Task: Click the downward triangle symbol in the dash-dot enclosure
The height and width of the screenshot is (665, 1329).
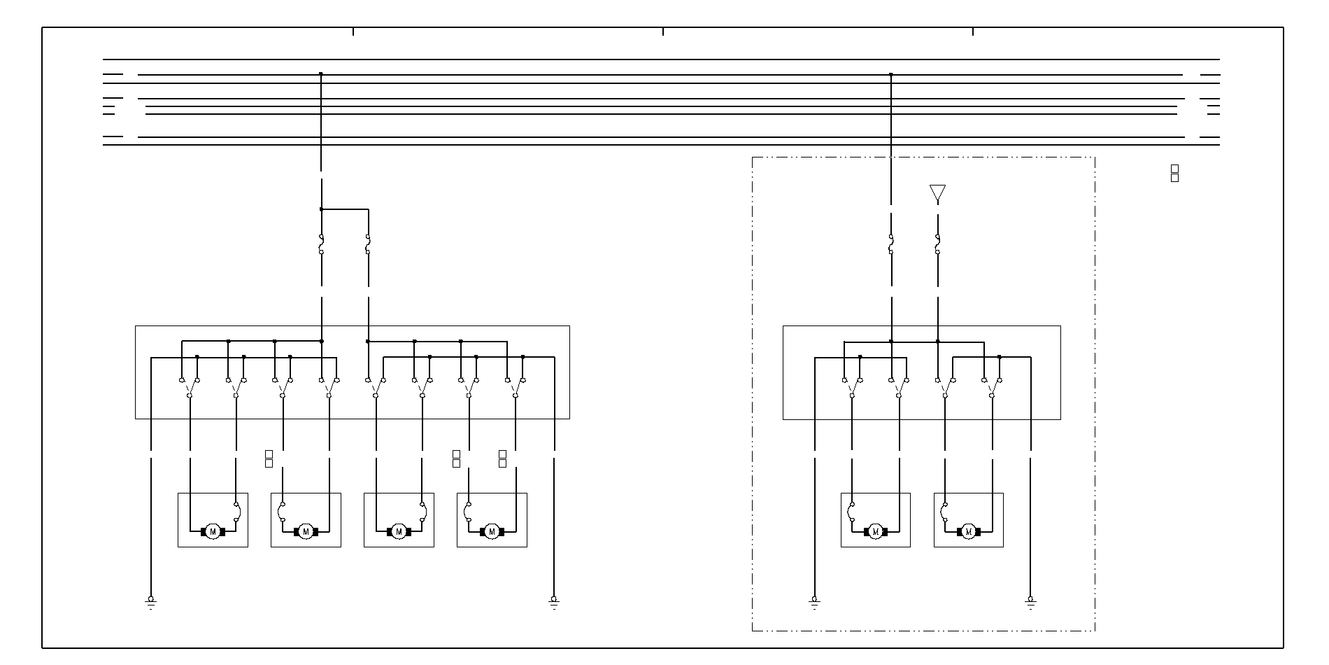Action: coord(937,192)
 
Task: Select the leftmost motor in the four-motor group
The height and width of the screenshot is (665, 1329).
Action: coord(213,532)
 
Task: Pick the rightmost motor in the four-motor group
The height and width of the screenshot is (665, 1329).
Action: coord(492,532)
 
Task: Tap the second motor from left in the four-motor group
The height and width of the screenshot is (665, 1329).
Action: coord(306,532)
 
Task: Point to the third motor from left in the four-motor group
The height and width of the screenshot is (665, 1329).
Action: coord(399,532)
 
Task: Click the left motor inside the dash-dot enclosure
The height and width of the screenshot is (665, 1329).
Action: coord(875,532)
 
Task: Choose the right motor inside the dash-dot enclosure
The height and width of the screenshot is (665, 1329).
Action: coord(968,532)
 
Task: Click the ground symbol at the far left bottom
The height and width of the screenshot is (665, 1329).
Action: coord(150,602)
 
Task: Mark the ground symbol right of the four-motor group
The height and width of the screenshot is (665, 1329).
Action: coord(554,602)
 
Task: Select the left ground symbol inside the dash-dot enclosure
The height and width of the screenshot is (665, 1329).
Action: coord(814,602)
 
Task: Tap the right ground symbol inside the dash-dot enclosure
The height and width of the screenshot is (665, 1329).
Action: coord(1030,602)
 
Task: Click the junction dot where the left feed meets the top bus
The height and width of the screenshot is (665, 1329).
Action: coord(321,73)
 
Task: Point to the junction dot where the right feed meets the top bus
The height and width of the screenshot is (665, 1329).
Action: coord(891,73)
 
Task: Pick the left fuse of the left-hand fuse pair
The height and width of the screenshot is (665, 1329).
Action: coord(321,244)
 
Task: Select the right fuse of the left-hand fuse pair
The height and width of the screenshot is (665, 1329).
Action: coord(368,244)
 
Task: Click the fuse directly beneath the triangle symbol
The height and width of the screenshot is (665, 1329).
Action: coord(937,244)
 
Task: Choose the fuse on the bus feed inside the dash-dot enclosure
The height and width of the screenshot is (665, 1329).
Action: coord(891,244)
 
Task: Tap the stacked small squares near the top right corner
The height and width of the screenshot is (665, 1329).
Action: coord(1174,173)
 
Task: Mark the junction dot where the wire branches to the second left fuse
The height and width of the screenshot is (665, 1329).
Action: coord(321,209)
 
